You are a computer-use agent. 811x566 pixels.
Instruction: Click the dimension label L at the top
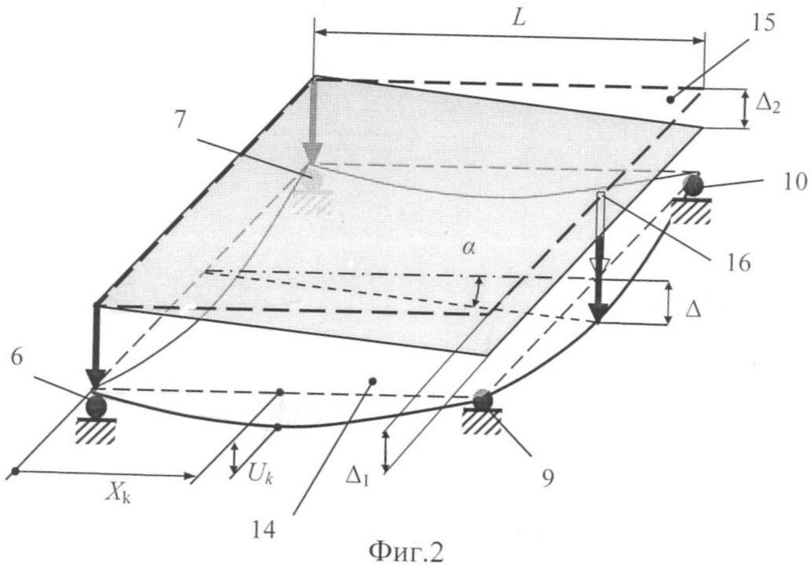click(518, 17)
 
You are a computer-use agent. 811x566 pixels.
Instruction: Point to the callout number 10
click(794, 181)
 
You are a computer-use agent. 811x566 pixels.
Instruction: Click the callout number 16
click(737, 263)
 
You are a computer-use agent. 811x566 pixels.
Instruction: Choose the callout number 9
click(548, 477)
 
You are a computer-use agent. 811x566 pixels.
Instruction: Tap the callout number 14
click(264, 530)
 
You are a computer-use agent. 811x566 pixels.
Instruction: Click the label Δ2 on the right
click(768, 104)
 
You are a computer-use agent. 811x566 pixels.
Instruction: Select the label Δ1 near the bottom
click(358, 478)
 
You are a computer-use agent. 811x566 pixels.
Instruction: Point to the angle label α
click(468, 249)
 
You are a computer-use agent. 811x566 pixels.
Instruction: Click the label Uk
click(261, 473)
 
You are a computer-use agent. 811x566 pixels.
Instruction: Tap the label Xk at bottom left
click(119, 494)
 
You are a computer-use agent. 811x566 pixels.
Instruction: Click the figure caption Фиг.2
click(406, 553)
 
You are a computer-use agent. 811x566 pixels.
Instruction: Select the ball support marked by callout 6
click(96, 407)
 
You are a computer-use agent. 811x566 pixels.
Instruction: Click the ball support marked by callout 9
click(483, 400)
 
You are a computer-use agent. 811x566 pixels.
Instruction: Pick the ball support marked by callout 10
click(692, 184)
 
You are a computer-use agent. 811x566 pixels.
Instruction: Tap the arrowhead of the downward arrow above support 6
click(96, 378)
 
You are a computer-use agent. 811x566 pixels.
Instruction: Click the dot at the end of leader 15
click(670, 100)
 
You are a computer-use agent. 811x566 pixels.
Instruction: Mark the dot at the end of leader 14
click(372, 382)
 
